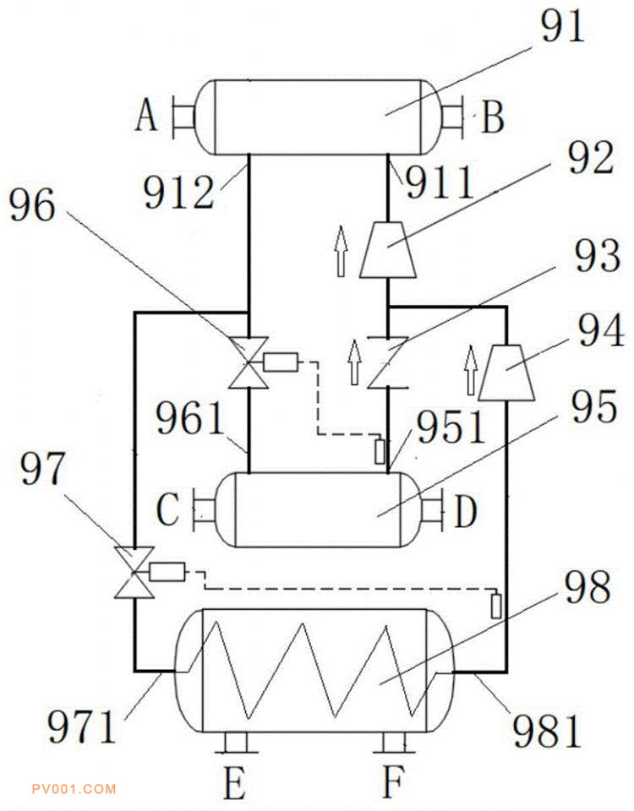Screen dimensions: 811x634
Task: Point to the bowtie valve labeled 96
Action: pos(247,364)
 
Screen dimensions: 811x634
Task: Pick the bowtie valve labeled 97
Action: pos(135,573)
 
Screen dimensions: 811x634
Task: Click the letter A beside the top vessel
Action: pos(146,117)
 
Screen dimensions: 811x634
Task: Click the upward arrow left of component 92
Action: pos(342,251)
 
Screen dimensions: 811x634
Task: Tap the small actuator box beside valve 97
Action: pos(167,572)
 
